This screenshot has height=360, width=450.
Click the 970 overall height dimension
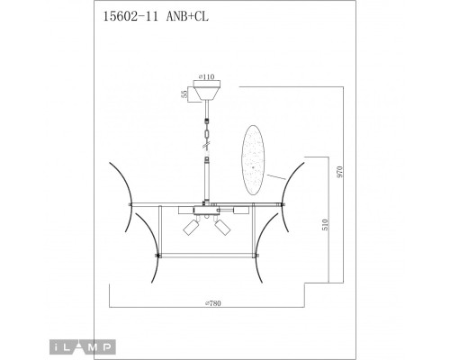click(x=338, y=171)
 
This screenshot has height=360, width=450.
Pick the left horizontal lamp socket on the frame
click(x=178, y=211)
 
